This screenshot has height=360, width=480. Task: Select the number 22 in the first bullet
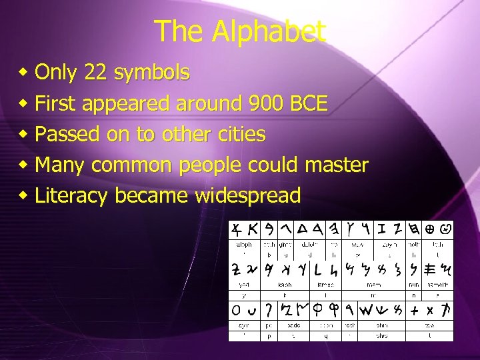point(99,72)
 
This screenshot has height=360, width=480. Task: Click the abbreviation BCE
point(309,103)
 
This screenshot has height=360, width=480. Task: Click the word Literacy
point(71,196)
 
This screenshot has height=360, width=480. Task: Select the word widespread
point(248,195)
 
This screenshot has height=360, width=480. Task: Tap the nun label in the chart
point(415,285)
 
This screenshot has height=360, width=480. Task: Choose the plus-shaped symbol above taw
point(415,310)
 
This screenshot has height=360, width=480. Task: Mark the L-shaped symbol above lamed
point(318,269)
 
